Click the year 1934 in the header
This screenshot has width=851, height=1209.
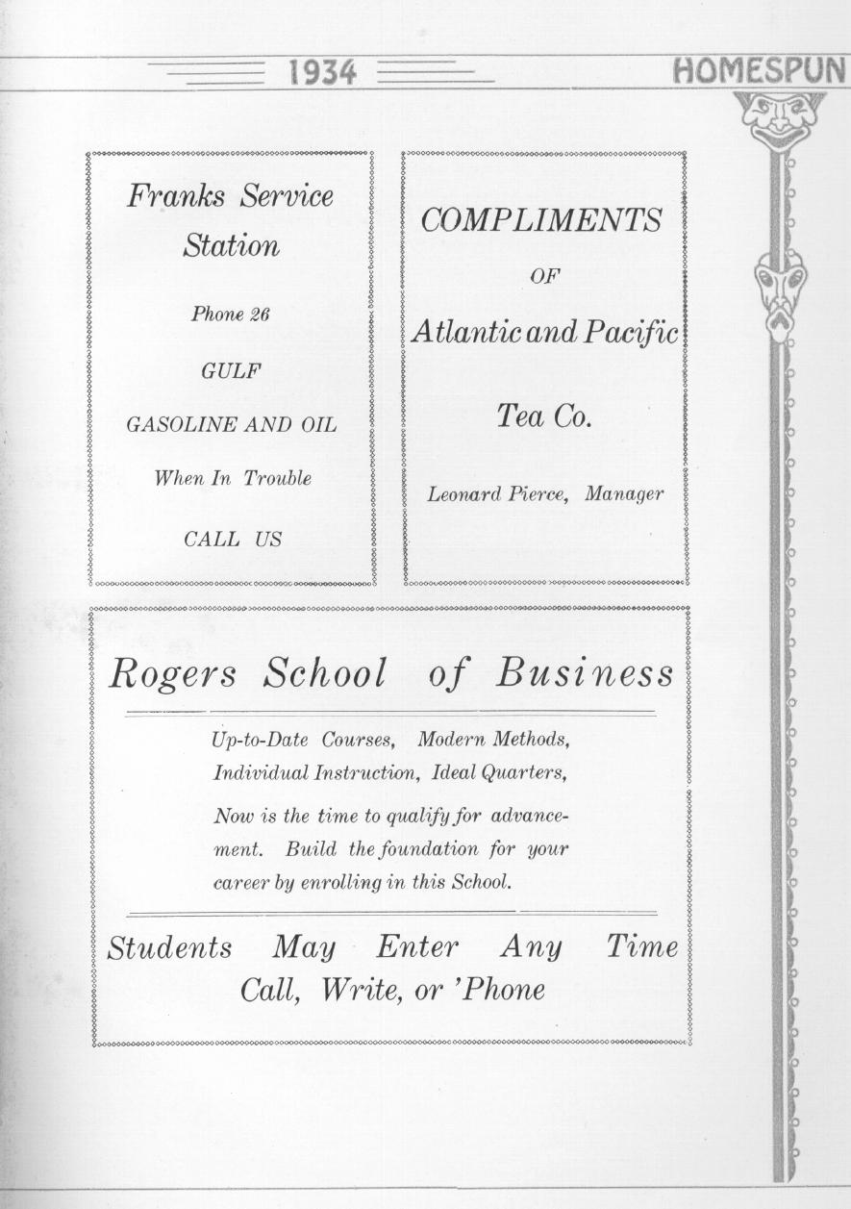(x=322, y=72)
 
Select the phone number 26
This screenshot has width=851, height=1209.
(x=259, y=315)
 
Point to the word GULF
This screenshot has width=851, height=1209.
(x=231, y=370)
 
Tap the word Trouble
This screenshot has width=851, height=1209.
(x=277, y=478)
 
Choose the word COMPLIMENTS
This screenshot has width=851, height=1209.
(x=541, y=220)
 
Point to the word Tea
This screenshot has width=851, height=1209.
(x=519, y=416)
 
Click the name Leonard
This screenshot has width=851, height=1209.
(x=464, y=494)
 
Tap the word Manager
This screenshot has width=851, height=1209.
(x=624, y=494)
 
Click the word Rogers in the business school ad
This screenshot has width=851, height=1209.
(x=172, y=674)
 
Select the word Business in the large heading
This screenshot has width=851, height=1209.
(x=585, y=673)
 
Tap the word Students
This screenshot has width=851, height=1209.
(x=169, y=948)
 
